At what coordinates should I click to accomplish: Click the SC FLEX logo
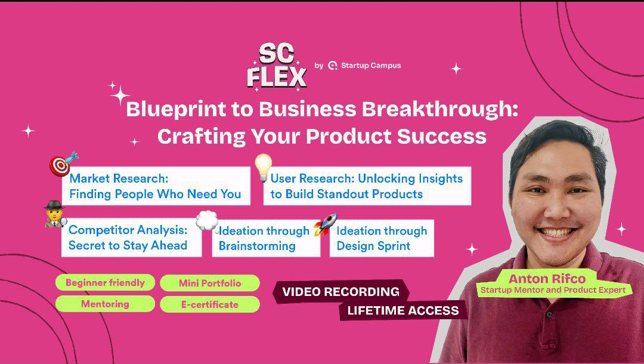click(x=277, y=67)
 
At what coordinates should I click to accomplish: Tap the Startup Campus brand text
click(x=371, y=65)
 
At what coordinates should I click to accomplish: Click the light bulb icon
click(x=263, y=167)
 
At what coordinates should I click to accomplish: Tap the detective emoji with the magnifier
click(x=55, y=214)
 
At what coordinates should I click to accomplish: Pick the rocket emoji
click(x=326, y=224)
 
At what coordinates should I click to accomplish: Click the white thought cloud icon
click(x=206, y=221)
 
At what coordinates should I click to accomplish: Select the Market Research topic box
click(x=156, y=186)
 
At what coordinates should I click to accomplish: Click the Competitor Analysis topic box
click(x=131, y=237)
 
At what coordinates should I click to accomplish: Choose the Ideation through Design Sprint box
click(x=382, y=238)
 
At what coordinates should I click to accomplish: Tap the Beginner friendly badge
click(x=105, y=283)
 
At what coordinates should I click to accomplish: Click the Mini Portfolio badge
click(x=210, y=283)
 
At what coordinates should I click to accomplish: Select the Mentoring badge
click(x=105, y=304)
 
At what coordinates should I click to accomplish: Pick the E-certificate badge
click(x=210, y=304)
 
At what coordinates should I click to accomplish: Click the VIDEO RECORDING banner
click(x=341, y=292)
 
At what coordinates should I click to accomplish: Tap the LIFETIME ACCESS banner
click(x=403, y=310)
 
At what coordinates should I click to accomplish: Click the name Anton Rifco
click(x=547, y=279)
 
